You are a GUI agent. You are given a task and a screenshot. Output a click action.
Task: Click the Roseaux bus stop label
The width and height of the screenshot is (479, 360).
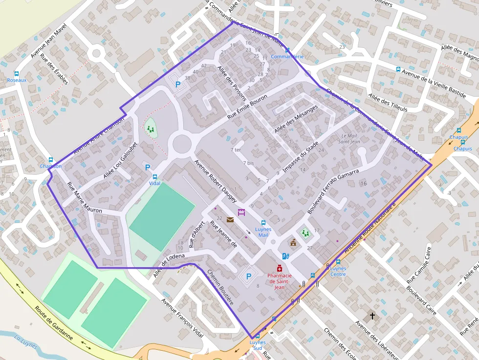tap(17, 80)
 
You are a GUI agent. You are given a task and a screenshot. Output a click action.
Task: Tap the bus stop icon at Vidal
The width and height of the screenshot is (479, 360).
tap(155, 177)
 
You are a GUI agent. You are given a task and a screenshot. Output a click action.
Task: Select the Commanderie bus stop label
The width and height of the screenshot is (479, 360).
tap(287, 57)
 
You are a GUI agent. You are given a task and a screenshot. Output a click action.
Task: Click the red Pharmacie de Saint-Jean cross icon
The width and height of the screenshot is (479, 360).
tap(279, 268)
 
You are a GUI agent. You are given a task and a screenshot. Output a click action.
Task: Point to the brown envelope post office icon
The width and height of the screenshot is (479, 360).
tap(230, 219)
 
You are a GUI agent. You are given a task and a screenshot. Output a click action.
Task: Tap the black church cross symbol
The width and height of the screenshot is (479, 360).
tap(372, 316)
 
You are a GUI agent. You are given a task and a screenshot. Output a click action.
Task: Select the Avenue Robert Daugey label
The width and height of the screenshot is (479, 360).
tap(216, 181)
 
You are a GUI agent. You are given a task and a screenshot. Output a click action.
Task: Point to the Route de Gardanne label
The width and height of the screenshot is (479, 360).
tap(54, 323)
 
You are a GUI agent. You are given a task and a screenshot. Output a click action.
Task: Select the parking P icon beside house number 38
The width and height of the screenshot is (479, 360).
tap(178, 85)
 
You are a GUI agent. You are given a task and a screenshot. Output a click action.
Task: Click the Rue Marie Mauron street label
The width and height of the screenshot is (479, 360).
tap(84, 198)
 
